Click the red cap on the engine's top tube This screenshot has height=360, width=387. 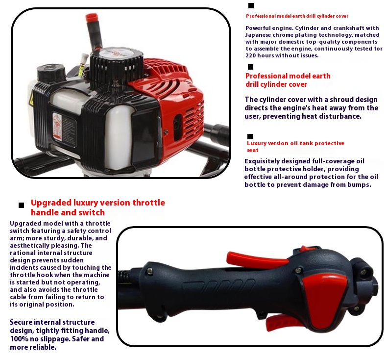pos(92,17)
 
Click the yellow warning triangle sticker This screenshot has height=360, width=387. pos(31,100)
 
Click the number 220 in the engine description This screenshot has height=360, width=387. pos(251,55)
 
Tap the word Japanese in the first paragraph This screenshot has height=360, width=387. pos(258,35)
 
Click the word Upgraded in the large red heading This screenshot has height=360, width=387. pos(51,203)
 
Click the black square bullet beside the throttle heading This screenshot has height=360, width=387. pos(22,205)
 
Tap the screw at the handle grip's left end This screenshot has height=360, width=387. pos(149,271)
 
